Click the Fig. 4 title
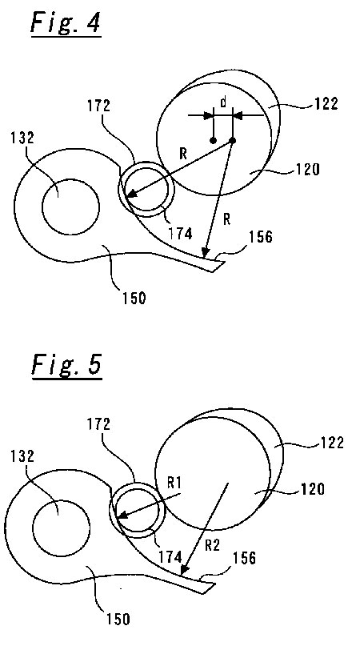pos(66,23)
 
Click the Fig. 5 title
pos(66,365)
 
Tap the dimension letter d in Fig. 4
pos(224,102)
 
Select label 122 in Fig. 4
pos(326,103)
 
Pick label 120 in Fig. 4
pos(307,169)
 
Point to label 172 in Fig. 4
pos(98,106)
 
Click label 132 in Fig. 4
pos(22,138)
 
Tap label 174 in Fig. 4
pos(180,234)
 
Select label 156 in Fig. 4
pos(260,237)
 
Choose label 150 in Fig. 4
pos(134,299)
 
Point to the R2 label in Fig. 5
pos(212,546)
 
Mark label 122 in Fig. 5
pos(332,443)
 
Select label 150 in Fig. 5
pos(118,619)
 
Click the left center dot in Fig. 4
pos(213,141)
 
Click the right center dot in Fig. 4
pos(233,141)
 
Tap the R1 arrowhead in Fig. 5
pos(121,516)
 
